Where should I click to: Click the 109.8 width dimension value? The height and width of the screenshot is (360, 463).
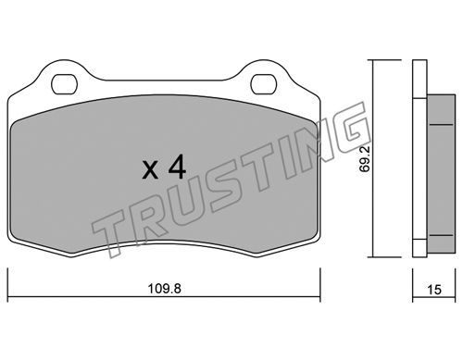pyautogui.click(x=164, y=289)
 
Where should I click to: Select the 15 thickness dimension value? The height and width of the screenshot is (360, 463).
pyautogui.click(x=434, y=290)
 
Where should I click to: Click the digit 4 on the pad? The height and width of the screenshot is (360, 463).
pyautogui.click(x=177, y=167)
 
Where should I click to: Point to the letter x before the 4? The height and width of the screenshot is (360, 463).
pyautogui.click(x=150, y=170)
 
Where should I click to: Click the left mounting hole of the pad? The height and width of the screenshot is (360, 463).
pyautogui.click(x=64, y=84)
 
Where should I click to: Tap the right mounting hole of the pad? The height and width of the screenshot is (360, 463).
pyautogui.click(x=263, y=84)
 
